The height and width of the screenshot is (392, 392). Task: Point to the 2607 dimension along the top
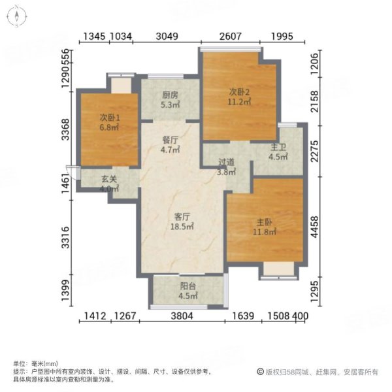click(x=229, y=37)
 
